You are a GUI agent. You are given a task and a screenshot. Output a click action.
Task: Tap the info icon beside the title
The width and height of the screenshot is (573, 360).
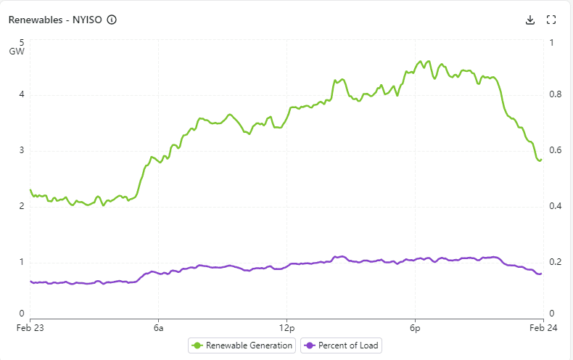[x=112, y=20]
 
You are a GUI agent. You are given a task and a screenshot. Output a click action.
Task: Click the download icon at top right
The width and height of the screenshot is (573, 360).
[x=530, y=20]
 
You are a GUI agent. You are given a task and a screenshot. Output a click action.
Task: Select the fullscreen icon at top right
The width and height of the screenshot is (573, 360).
[x=551, y=20]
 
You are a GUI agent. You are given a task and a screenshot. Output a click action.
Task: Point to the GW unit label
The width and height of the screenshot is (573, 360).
[x=17, y=52]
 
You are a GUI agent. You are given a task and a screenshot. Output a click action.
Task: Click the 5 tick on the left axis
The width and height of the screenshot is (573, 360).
[x=22, y=42]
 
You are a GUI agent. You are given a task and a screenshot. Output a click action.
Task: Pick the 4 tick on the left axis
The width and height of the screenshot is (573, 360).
[x=22, y=94]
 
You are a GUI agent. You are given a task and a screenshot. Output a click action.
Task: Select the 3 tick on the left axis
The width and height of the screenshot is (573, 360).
[x=22, y=151]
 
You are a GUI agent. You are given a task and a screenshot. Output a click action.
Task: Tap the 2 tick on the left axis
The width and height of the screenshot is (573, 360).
[x=22, y=206]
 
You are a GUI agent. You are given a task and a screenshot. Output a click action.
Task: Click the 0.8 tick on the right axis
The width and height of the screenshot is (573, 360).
[x=555, y=94]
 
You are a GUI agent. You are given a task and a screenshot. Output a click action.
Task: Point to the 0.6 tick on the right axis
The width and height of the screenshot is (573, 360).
[x=555, y=151]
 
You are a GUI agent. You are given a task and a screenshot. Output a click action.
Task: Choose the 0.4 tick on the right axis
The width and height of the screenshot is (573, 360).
[x=555, y=206]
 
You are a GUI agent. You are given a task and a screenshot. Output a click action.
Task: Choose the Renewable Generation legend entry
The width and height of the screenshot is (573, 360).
[x=242, y=345]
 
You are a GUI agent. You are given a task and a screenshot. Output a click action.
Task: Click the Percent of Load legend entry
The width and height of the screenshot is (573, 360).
[x=342, y=345]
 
